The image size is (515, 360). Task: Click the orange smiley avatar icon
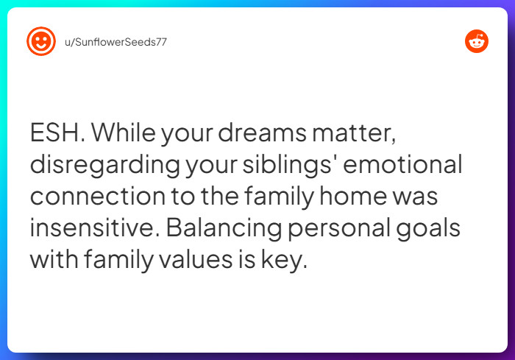pos(41,41)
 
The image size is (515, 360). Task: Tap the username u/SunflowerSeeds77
pos(116,42)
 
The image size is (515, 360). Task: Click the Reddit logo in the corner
pos(477,41)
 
